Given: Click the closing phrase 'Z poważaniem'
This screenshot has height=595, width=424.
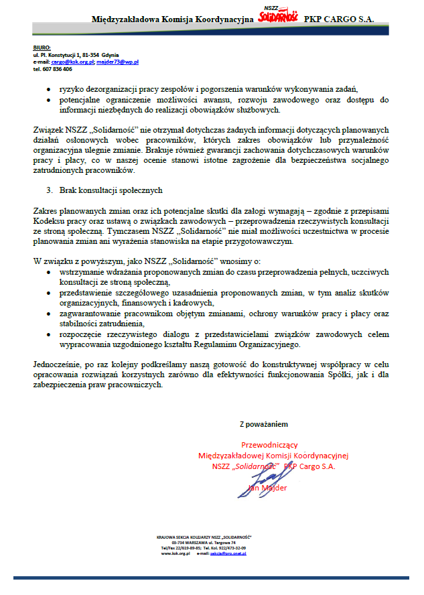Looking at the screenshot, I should (x=265, y=424).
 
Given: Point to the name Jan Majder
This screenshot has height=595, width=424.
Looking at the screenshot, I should (x=268, y=488).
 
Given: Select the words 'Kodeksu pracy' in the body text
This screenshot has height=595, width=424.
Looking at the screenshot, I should (x=56, y=220).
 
